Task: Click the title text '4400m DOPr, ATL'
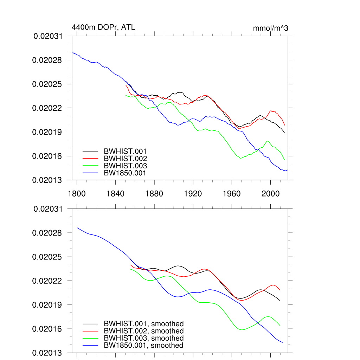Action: coord(103,27)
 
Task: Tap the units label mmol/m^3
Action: coord(270,28)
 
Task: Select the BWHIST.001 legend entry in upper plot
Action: coord(125,151)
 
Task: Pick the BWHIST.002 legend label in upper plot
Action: coord(125,159)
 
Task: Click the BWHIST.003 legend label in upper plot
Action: coord(125,166)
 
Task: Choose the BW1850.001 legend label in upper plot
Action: coord(125,173)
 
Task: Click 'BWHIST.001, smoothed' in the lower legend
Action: coord(144,324)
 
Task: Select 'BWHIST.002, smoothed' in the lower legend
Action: coord(144,331)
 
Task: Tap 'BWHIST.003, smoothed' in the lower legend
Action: coord(144,338)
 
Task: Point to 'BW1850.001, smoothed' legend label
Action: coord(143,346)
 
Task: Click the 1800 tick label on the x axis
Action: coord(77,193)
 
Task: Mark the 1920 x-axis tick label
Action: coord(193,193)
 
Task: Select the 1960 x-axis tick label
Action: coord(232,193)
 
